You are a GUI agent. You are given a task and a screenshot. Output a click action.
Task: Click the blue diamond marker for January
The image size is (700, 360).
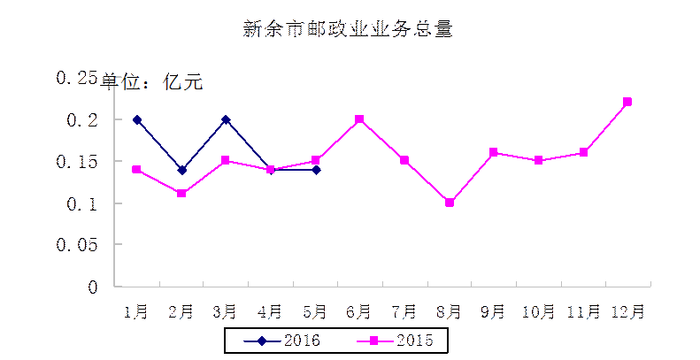click(136, 119)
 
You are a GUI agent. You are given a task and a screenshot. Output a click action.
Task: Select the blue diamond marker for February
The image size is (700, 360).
click(181, 170)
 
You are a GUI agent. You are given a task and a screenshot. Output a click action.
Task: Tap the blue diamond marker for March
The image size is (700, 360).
click(226, 119)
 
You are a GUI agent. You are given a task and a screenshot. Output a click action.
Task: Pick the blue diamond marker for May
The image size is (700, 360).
click(316, 170)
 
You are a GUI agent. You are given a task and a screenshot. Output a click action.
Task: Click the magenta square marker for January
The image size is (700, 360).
click(136, 169)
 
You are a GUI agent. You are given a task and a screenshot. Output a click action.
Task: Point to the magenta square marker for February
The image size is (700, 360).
click(181, 193)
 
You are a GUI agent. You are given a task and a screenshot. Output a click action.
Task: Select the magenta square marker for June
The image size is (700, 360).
click(360, 119)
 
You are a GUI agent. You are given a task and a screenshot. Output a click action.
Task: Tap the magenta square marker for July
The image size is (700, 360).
click(404, 160)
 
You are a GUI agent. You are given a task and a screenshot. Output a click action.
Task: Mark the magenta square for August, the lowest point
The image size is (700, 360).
click(450, 203)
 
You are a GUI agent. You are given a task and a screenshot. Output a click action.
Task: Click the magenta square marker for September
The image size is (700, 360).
click(494, 152)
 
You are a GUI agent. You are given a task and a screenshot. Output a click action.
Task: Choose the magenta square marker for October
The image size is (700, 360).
click(538, 160)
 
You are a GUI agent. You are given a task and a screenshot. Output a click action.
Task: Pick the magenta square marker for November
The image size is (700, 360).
click(583, 152)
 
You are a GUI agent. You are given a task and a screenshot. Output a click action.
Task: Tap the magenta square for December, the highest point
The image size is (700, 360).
click(627, 102)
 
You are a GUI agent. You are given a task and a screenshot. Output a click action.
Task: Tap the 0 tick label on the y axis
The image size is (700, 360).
click(92, 287)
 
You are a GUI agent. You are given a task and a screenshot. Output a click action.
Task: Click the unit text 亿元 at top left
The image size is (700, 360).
click(183, 83)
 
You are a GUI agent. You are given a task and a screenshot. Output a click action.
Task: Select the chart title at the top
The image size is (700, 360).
click(350, 29)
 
